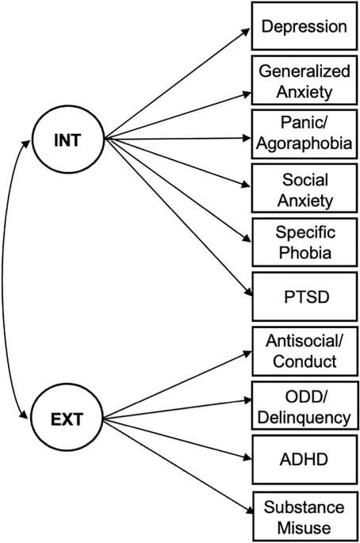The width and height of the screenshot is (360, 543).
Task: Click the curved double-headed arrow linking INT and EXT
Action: tap(3, 279)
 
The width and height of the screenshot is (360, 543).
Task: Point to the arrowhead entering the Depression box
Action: tap(246, 32)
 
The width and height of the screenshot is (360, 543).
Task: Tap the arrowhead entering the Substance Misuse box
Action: tap(248, 510)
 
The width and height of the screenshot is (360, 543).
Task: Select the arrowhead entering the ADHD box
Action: tap(247, 457)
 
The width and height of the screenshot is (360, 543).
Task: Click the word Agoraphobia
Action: tap(304, 143)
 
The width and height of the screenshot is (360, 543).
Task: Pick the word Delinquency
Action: tap(304, 417)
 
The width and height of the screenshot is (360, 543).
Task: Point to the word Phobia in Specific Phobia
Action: tap(305, 252)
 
